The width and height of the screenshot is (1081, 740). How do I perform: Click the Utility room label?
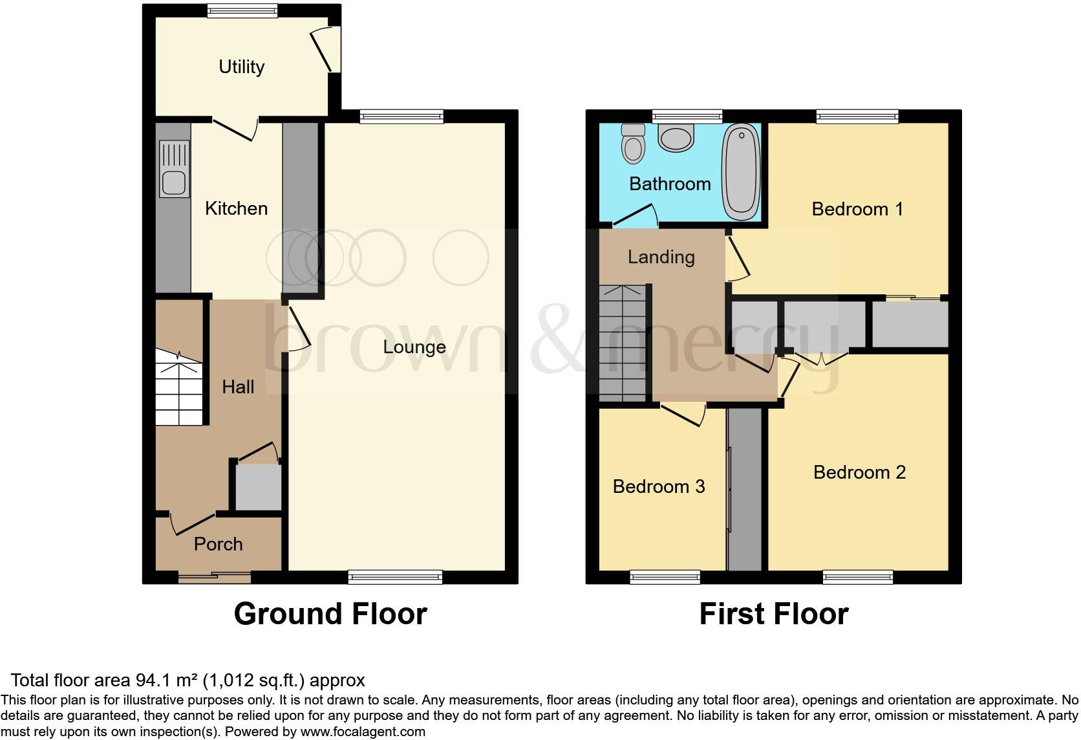pyautogui.click(x=241, y=67)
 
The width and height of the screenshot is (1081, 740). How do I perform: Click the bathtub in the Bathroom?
pyautogui.click(x=741, y=171)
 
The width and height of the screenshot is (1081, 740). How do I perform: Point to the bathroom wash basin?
pyautogui.click(x=676, y=138)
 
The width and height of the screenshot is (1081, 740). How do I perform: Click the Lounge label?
pyautogui.click(x=414, y=347)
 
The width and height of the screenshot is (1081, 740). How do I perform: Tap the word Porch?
pyautogui.click(x=218, y=544)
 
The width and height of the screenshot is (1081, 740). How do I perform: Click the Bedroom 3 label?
pyautogui.click(x=658, y=486)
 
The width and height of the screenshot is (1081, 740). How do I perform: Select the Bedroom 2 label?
pyautogui.click(x=859, y=472)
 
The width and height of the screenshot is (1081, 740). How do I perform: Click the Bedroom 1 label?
pyautogui.click(x=857, y=209)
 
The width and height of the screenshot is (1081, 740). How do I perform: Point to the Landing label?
pyautogui.click(x=661, y=257)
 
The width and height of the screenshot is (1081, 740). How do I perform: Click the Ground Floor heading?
pyautogui.click(x=330, y=613)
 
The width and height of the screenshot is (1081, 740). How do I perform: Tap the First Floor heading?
pyautogui.click(x=773, y=613)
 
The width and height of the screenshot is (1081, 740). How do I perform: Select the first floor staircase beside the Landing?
pyautogui.click(x=622, y=343)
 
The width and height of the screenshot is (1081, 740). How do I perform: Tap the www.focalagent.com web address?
pyautogui.click(x=363, y=732)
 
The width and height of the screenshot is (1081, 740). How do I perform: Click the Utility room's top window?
pyautogui.click(x=242, y=10)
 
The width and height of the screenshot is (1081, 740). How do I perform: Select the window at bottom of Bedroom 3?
pyautogui.click(x=665, y=576)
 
